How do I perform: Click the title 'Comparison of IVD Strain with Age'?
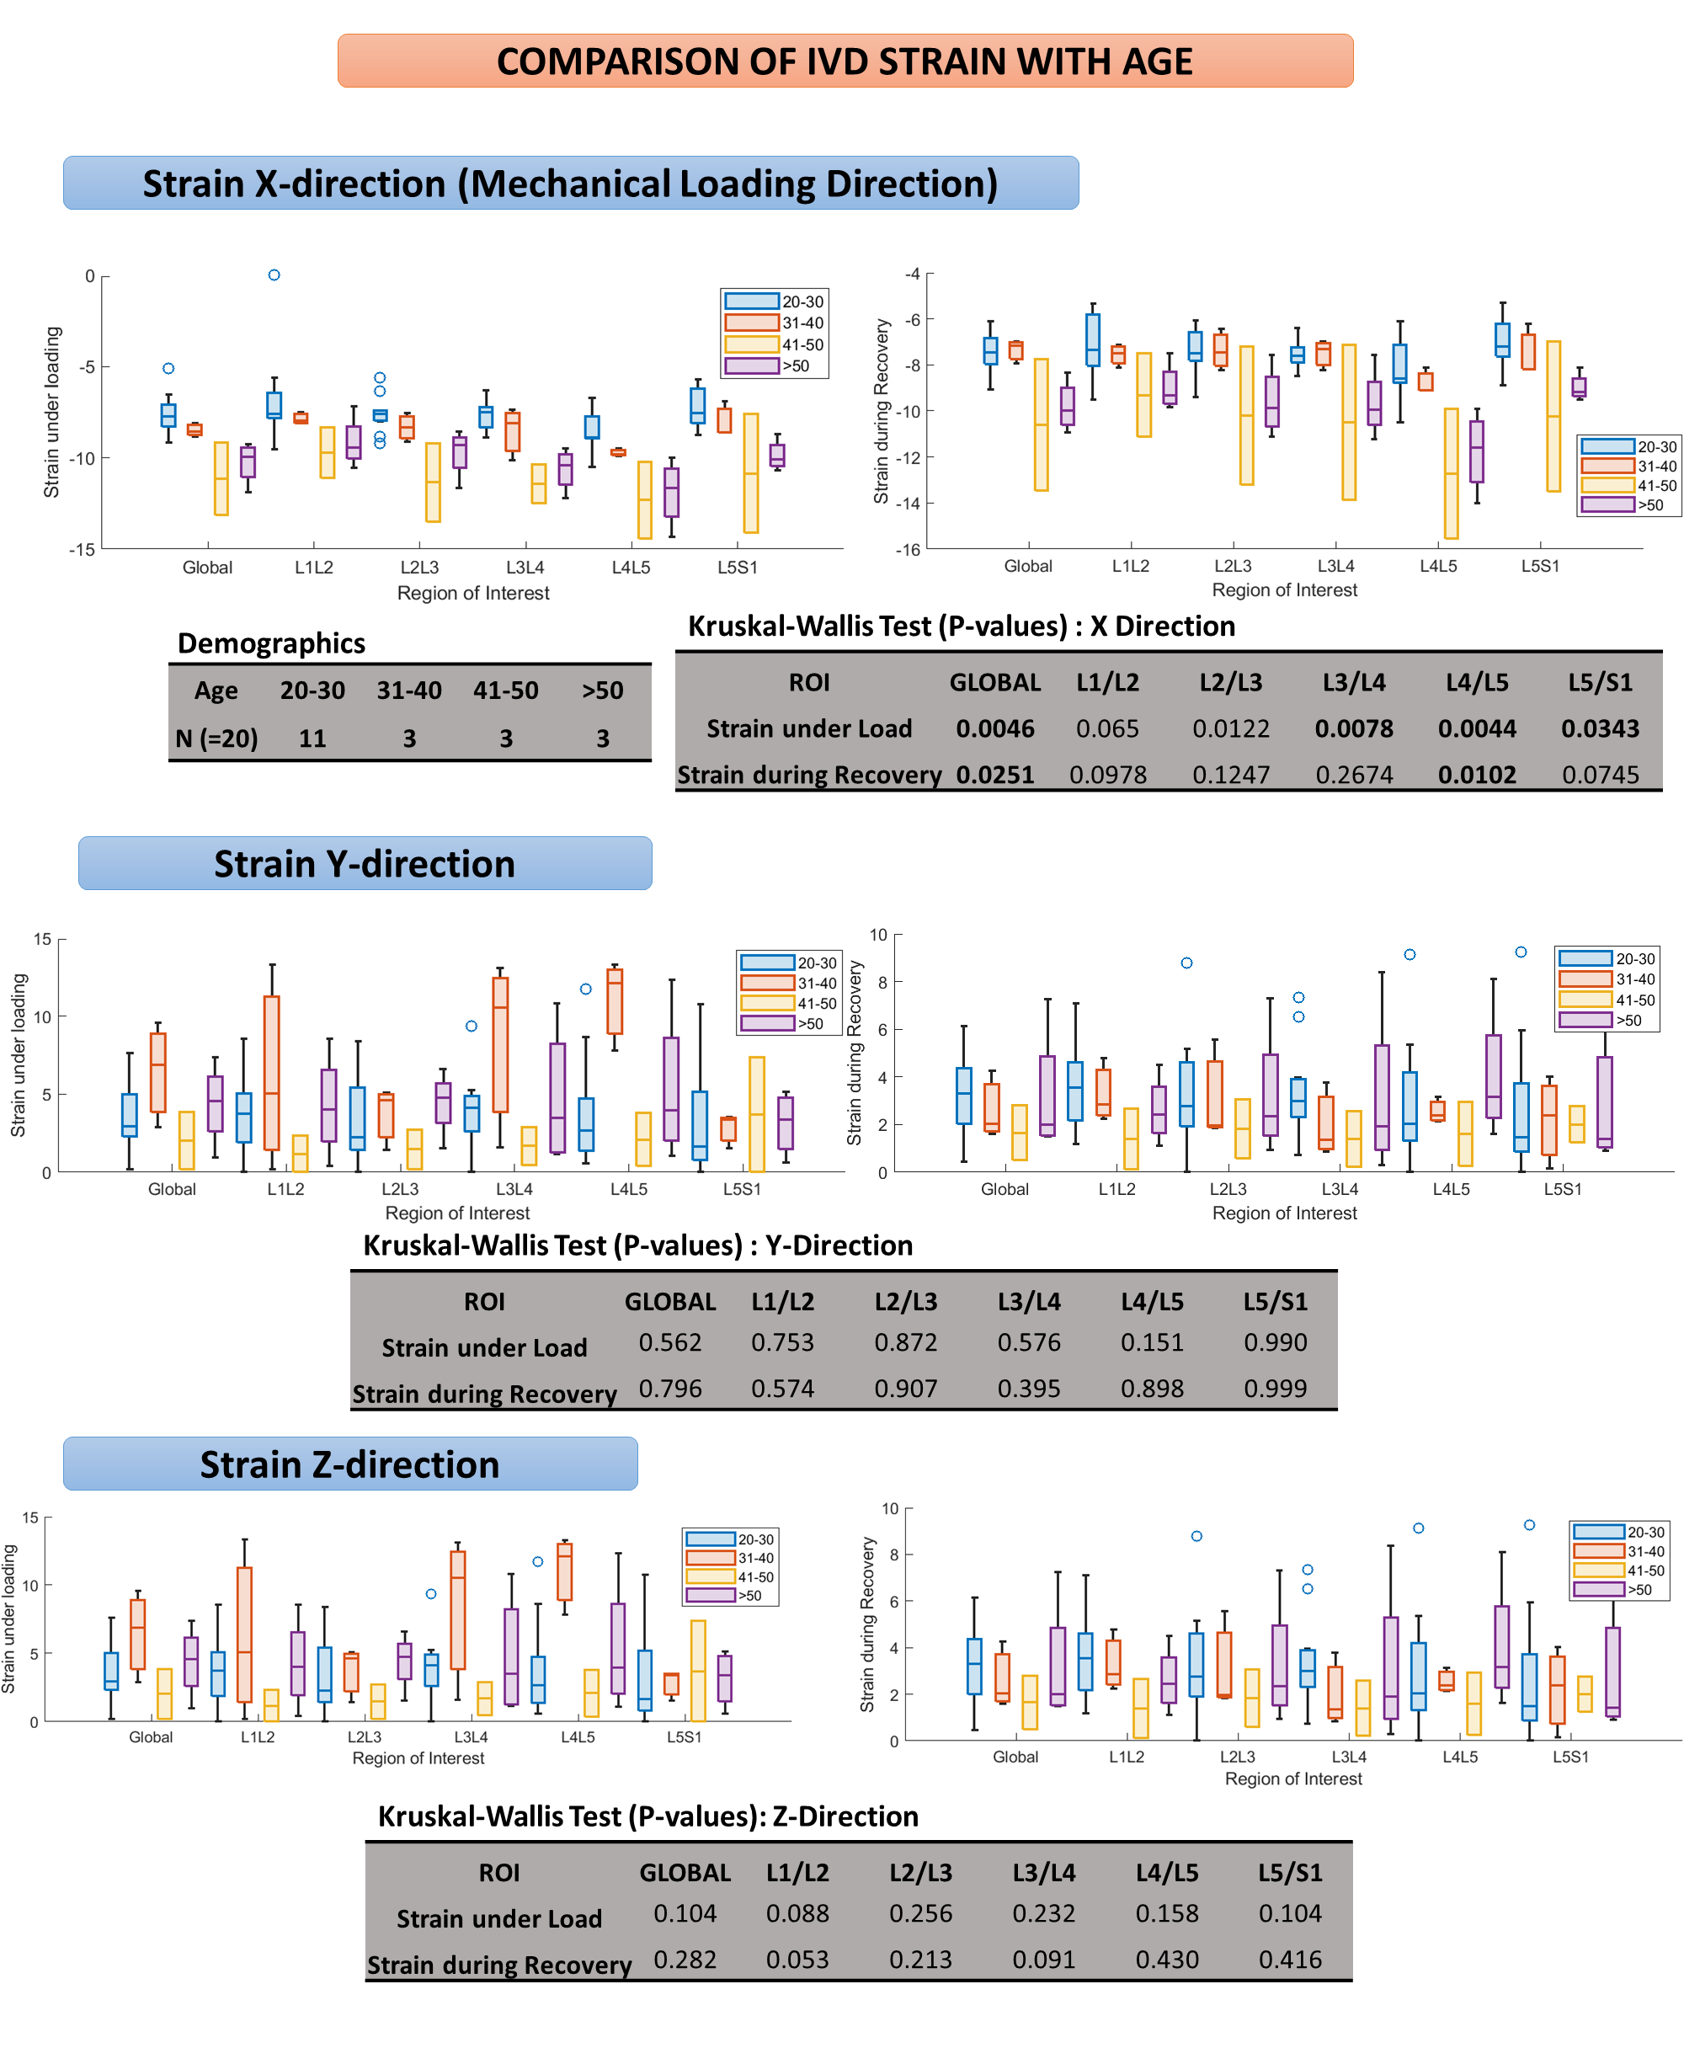844,61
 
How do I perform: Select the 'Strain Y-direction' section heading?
364,863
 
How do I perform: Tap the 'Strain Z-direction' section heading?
349,1464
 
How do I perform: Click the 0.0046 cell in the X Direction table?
994,728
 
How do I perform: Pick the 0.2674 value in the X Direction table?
1353,774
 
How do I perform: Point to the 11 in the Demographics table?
312,739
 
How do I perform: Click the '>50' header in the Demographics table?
602,690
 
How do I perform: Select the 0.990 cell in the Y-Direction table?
1275,1341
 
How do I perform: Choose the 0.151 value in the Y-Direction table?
1152,1341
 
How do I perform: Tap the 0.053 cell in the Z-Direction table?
797,1959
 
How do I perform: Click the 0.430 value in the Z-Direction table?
1166,1959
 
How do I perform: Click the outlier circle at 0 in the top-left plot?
274,275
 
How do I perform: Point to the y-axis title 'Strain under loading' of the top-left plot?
51,413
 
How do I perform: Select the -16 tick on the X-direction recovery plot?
908,550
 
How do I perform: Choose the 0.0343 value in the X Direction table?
1600,728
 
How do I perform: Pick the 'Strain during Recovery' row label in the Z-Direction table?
498,1965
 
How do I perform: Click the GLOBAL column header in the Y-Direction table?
669,1301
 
